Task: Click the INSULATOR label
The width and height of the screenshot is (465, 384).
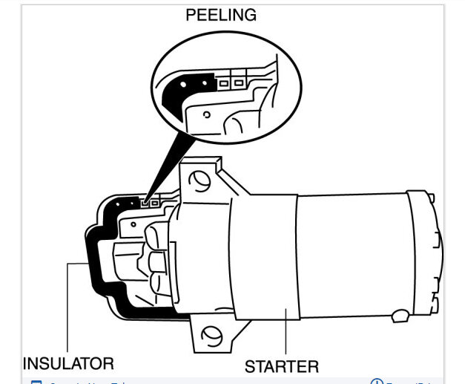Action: tap(68, 364)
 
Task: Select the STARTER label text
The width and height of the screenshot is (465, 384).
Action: tap(282, 366)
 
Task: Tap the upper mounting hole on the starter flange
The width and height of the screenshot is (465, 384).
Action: tap(199, 179)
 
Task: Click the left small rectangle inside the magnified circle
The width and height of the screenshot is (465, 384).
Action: tap(223, 82)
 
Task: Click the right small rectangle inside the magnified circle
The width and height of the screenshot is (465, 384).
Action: tap(237, 82)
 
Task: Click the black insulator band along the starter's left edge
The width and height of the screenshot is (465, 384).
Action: tap(93, 260)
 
